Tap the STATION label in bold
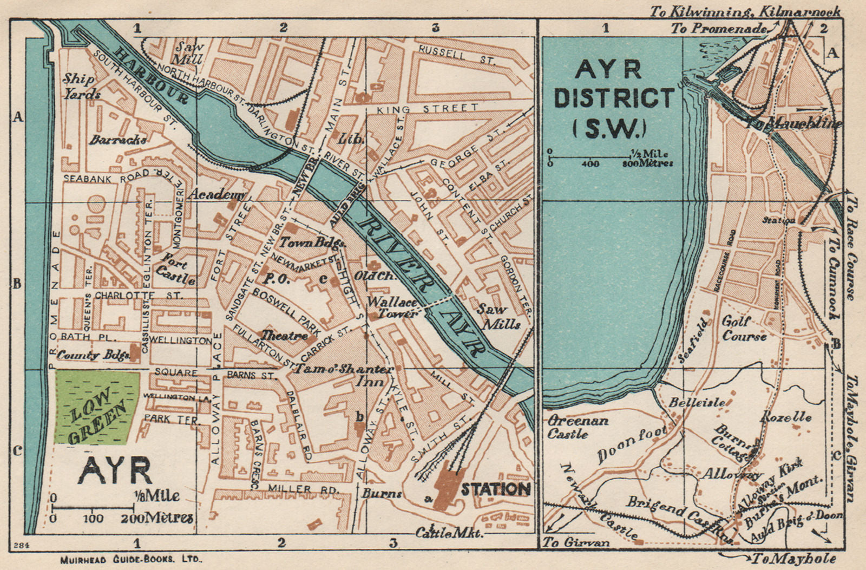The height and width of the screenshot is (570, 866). point(495,489)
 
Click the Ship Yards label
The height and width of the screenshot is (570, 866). point(81,86)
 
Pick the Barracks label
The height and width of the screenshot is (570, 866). point(117,140)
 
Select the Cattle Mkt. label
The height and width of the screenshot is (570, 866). point(449,533)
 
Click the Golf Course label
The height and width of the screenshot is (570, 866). point(744,329)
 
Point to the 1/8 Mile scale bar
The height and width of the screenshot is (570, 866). point(93,507)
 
